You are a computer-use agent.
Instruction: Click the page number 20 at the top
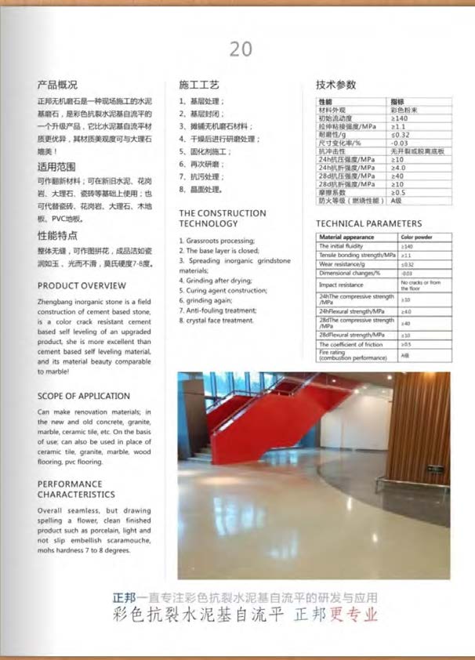coord(241,49)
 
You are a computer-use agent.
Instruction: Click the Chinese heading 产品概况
coord(57,84)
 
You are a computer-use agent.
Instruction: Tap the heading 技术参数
coord(335,84)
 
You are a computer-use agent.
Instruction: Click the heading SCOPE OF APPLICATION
coord(84,396)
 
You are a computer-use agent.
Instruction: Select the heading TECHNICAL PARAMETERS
coord(368,223)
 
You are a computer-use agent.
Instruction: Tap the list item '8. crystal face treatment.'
coord(216,320)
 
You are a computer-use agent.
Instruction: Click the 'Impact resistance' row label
coord(343,285)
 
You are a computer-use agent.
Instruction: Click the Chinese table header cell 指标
coord(398,102)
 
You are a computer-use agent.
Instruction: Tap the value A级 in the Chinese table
coord(397,200)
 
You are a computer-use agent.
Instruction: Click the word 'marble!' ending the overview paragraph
coord(51,372)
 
